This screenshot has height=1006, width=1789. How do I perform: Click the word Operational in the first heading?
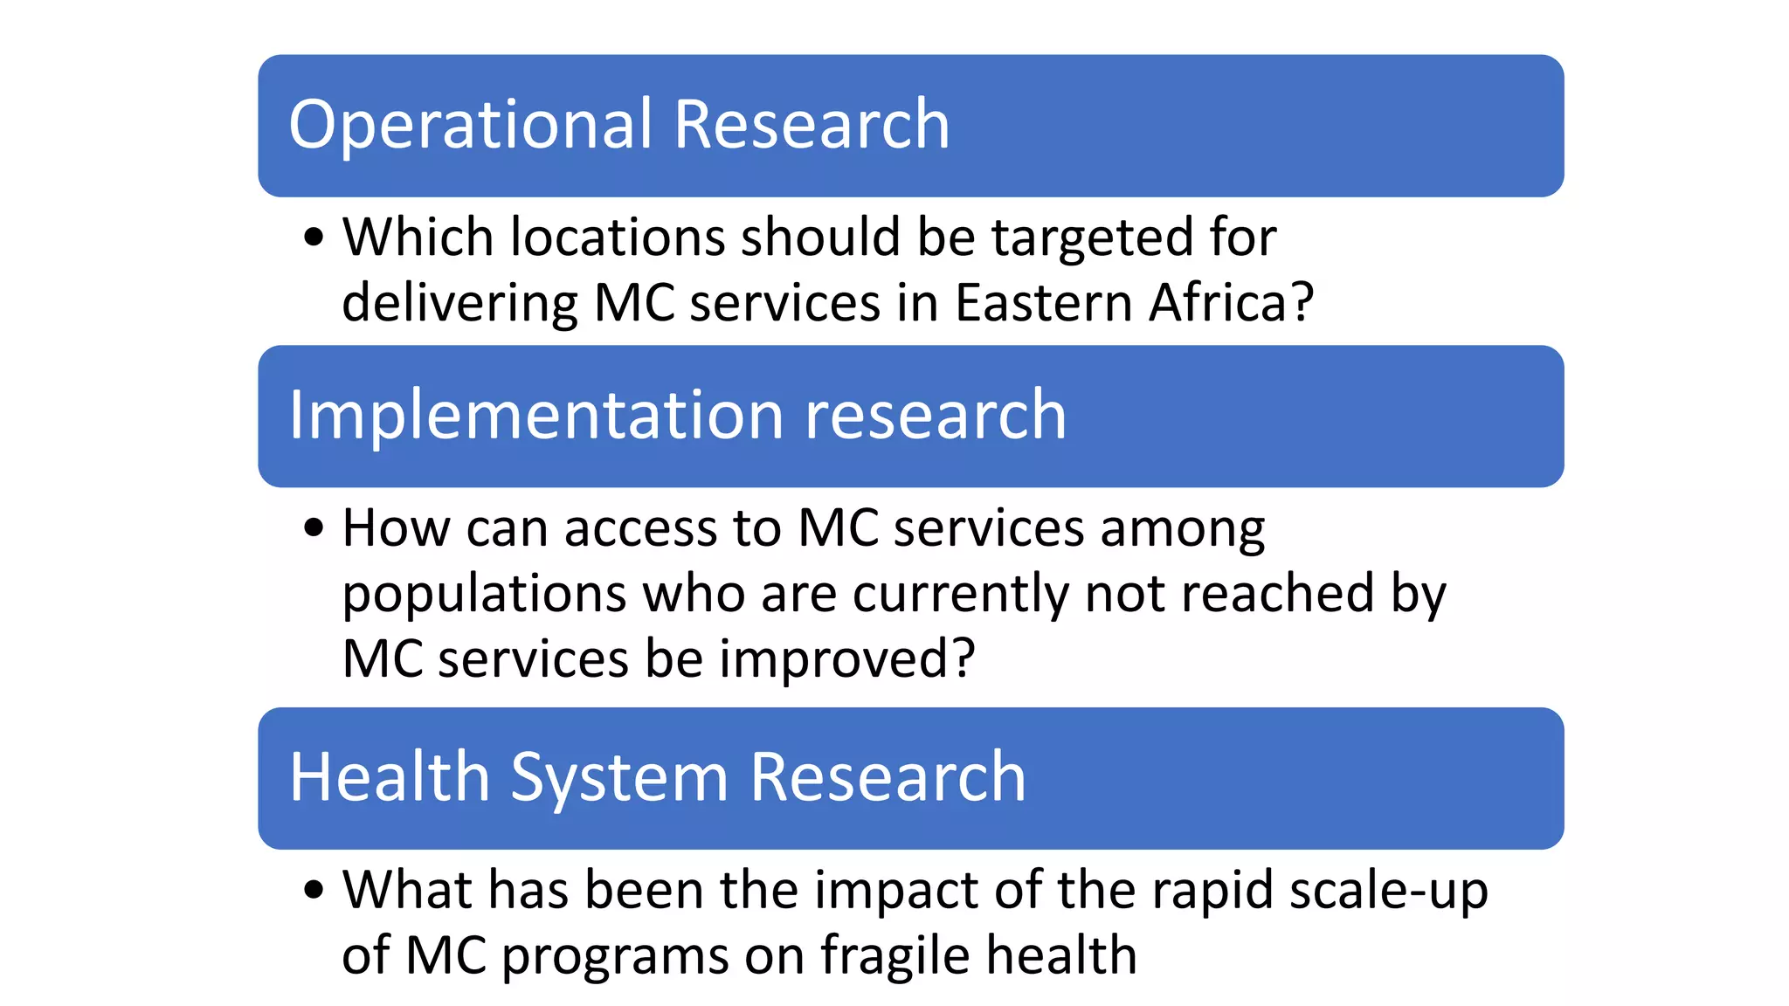(471, 125)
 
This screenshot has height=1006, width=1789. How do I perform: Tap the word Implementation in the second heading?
(535, 416)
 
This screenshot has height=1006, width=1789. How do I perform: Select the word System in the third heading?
(618, 778)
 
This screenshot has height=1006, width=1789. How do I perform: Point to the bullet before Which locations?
(314, 238)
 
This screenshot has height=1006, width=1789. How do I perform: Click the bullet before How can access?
(314, 528)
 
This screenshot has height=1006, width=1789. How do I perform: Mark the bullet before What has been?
(314, 891)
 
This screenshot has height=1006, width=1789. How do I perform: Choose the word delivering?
(459, 303)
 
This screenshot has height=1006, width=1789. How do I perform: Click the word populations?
(484, 595)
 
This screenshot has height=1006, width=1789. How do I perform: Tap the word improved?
(846, 660)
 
